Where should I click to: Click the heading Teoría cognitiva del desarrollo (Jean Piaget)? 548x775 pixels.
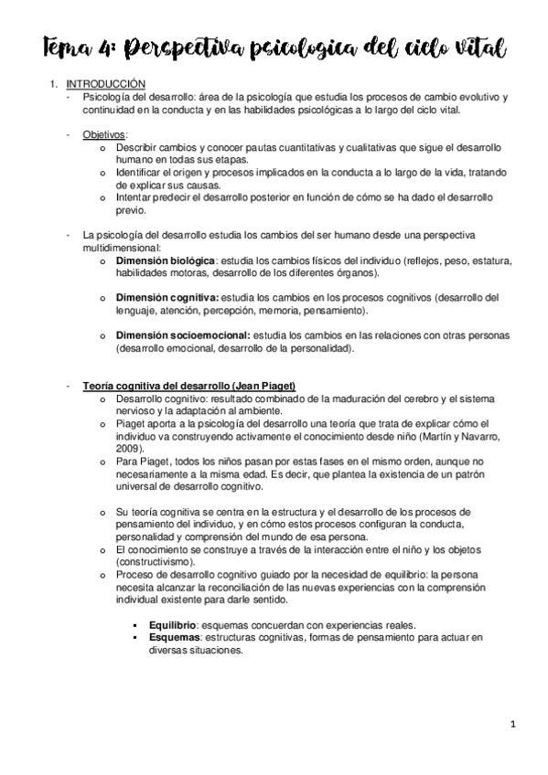(188, 387)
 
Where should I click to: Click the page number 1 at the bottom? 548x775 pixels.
(514, 725)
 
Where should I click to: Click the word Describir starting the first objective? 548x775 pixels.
(135, 146)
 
